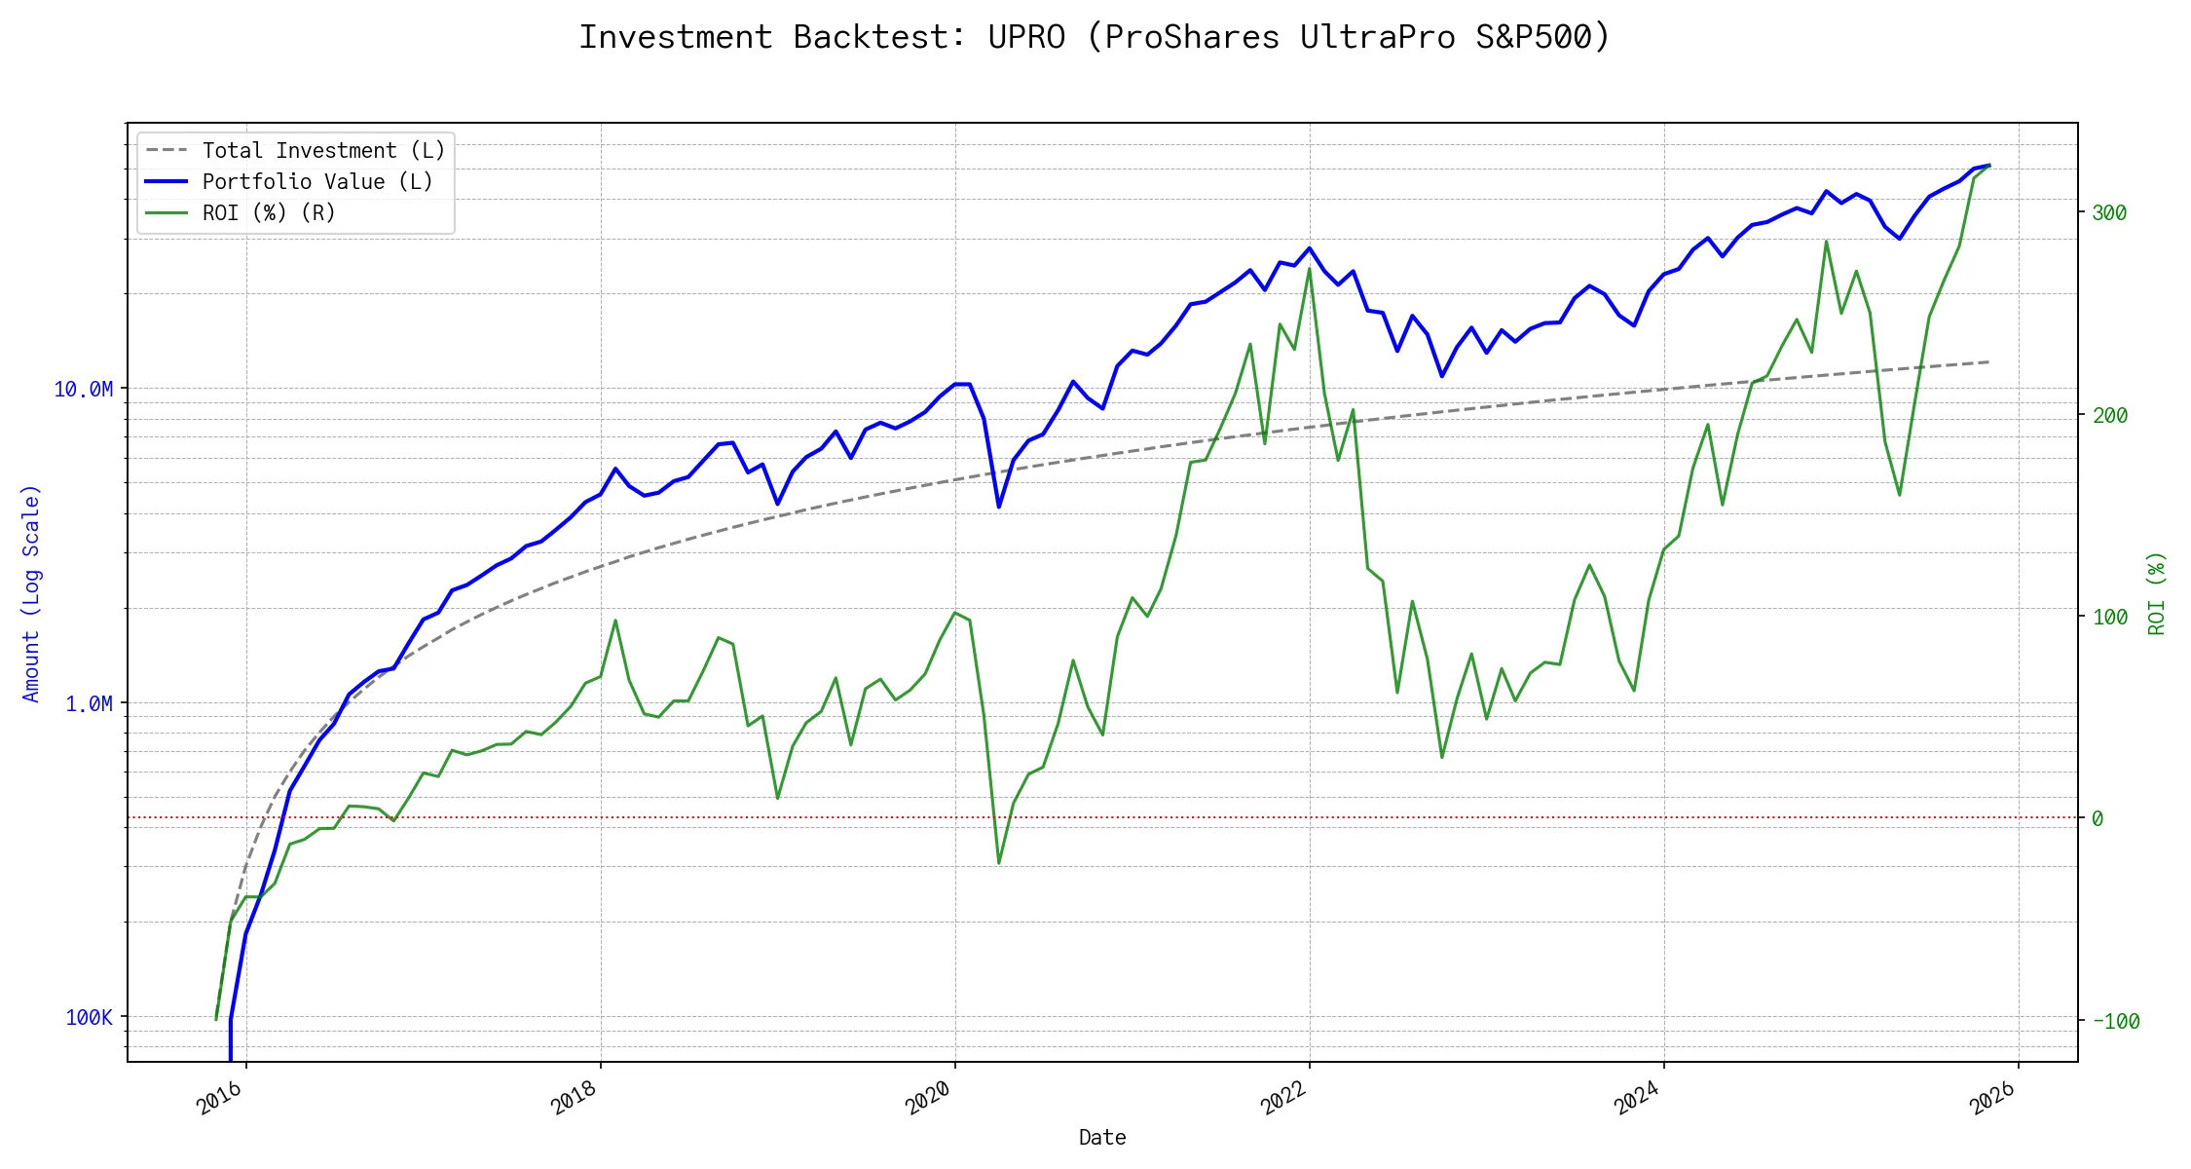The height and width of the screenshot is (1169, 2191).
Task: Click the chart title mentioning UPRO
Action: coord(1095,37)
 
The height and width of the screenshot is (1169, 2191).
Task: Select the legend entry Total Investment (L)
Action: coord(323,151)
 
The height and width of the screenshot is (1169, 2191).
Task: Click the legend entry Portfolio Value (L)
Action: coord(317,182)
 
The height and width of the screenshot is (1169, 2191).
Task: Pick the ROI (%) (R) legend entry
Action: coord(269,213)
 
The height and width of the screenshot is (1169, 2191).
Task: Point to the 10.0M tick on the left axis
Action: coord(83,390)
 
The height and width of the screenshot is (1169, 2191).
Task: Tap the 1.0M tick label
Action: coord(89,703)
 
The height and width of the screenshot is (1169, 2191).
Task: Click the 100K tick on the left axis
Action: coord(89,1018)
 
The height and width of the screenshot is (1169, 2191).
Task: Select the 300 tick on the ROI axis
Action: coord(2109,213)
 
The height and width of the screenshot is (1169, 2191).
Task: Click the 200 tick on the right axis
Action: coord(2109,415)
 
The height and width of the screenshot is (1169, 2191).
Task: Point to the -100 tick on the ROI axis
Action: coord(2115,1021)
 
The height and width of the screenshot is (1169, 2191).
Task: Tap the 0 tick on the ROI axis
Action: coord(2098,819)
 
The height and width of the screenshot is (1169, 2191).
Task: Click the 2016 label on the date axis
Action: coord(220,1099)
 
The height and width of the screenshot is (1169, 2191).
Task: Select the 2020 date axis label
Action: coord(929,1099)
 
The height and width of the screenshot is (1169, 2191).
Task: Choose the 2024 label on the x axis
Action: coord(1638,1099)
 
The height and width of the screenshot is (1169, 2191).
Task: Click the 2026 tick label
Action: coord(1992,1099)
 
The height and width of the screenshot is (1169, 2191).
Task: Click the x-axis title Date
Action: coord(1102,1138)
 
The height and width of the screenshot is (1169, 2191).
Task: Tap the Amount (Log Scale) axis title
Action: coord(31,592)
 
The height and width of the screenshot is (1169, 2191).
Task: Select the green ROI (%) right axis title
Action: coord(2157,592)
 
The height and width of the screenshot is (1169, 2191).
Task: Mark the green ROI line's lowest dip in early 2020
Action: coord(999,863)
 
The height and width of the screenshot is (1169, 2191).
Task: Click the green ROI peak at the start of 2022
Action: coord(1309,268)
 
